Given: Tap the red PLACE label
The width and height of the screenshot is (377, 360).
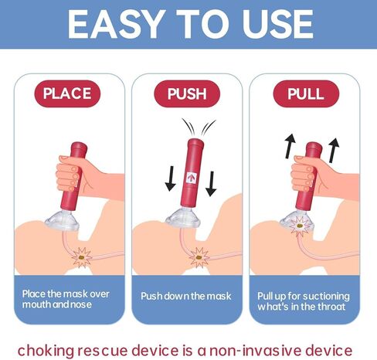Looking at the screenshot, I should click(x=66, y=94).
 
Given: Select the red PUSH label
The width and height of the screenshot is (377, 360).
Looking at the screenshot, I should click(x=187, y=94).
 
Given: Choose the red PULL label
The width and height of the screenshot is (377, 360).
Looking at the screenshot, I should click(x=306, y=94).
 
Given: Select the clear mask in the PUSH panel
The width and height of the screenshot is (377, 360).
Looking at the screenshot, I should click(x=184, y=218).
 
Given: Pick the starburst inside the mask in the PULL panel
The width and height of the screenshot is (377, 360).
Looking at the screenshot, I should click(x=296, y=226).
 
